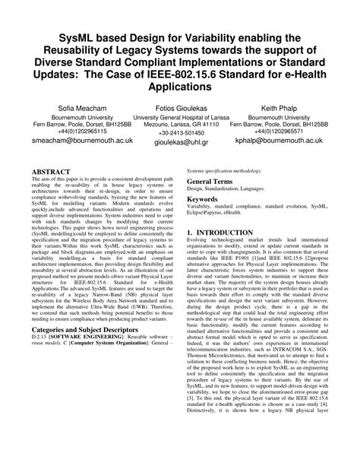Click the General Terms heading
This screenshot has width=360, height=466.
coord(212,183)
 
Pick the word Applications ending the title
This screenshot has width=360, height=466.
coord(180,88)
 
